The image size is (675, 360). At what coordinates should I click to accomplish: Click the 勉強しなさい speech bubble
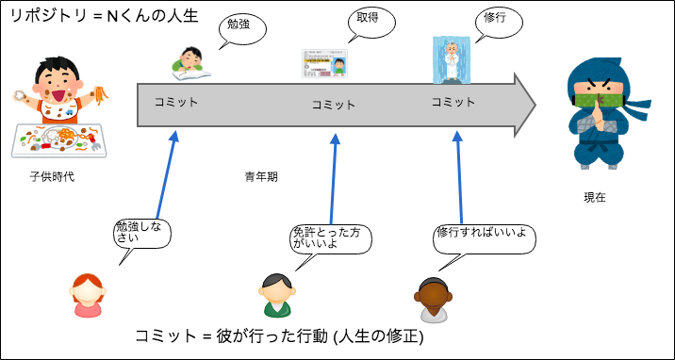click(x=141, y=233)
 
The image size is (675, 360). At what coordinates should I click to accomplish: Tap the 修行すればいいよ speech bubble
click(x=481, y=233)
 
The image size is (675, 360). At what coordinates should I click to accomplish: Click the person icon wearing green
click(x=274, y=295)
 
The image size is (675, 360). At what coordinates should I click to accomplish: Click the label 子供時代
click(x=52, y=176)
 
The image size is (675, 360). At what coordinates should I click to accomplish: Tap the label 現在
click(x=595, y=198)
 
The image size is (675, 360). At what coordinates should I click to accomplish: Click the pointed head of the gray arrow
click(x=524, y=100)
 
